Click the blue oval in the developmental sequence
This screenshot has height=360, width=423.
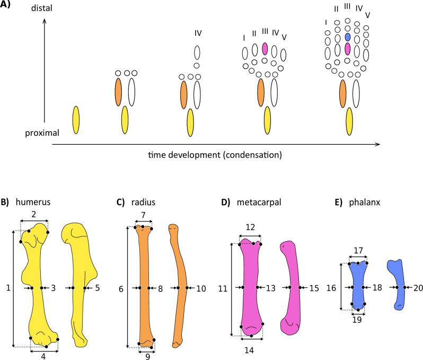(347, 37)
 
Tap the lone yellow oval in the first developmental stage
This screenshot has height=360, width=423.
(76, 120)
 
